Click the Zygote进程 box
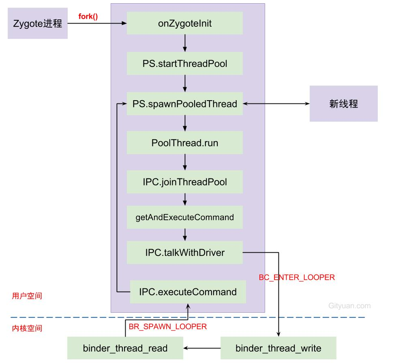coord(37,24)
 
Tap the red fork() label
coord(88,17)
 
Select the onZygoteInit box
coord(185,23)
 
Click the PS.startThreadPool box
coord(185,64)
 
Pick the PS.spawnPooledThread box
coord(185,104)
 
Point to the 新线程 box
coord(343,104)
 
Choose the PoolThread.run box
coord(185,143)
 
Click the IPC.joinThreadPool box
coord(185,182)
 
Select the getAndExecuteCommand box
coord(185,217)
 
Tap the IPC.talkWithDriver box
coord(185,253)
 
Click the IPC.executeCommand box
coord(188,292)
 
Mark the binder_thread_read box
coord(125,348)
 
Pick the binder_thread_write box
coord(278,348)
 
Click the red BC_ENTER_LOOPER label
coord(297,277)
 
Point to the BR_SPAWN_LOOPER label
coord(167,326)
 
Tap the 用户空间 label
coord(27,296)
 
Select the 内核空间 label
coord(27,328)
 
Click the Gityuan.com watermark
coord(349,306)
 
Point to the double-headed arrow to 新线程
coord(276,104)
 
